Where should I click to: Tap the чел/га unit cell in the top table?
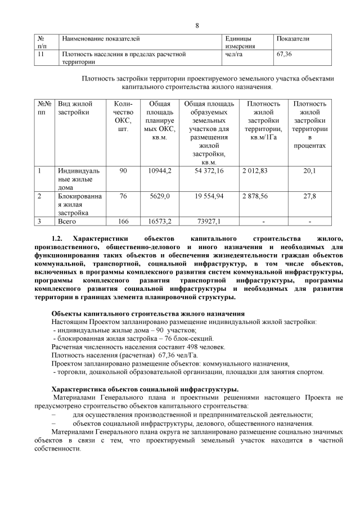pyautogui.click(x=233, y=55)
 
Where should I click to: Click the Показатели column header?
pyautogui.click(x=292, y=39)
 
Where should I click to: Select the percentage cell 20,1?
pyautogui.click(x=309, y=170)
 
